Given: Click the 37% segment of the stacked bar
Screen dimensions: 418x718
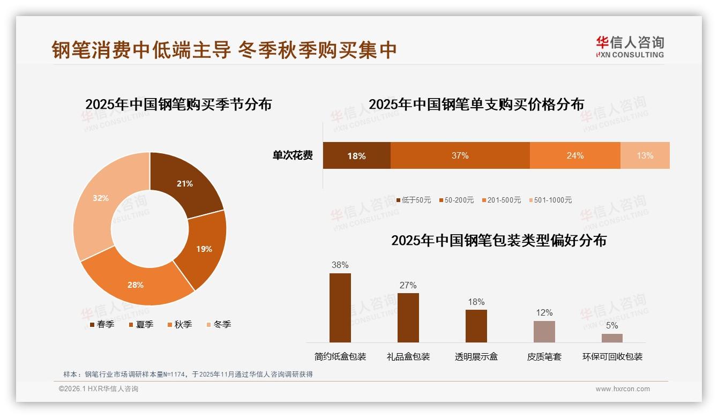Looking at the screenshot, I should (x=460, y=155).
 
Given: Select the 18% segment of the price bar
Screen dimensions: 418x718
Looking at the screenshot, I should (x=356, y=155).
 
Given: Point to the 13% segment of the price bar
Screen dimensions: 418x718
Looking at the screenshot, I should (x=645, y=155).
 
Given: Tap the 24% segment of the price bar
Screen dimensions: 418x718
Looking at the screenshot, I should (x=575, y=155).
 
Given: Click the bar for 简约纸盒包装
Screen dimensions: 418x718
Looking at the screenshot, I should (x=340, y=308).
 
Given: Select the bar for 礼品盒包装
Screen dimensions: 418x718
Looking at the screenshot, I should (x=408, y=317).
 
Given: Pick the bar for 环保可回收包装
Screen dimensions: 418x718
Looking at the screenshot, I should (x=612, y=338).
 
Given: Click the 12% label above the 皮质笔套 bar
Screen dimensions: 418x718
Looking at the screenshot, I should (x=544, y=312).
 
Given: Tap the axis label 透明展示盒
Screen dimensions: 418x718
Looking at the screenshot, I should (x=476, y=356).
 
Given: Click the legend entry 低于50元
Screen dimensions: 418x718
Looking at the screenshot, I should (x=414, y=200).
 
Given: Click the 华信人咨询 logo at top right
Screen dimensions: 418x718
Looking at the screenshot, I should (x=630, y=47).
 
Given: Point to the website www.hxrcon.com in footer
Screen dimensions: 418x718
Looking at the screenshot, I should (x=622, y=389).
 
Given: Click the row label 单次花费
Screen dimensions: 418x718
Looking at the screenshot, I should (x=293, y=155).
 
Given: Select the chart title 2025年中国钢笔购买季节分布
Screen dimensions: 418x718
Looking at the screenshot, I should (x=178, y=104).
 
